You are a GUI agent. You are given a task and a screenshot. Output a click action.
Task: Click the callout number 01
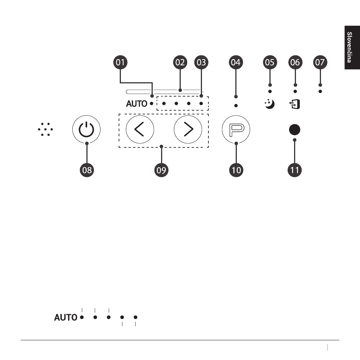point(120,62)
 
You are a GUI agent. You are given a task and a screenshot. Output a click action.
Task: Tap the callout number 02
point(180,62)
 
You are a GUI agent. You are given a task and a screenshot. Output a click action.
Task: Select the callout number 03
point(201,62)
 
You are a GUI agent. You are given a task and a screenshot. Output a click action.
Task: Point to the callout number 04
point(236,62)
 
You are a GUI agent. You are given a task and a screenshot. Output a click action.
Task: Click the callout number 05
point(270,62)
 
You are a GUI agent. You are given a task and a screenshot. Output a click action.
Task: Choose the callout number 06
point(295,62)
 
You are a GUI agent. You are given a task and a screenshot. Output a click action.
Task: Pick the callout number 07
point(320,62)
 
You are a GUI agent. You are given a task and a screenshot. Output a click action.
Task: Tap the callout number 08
point(87,170)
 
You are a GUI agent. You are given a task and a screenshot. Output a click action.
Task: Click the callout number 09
point(161,170)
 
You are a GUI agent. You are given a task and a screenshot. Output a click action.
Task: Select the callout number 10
point(236,170)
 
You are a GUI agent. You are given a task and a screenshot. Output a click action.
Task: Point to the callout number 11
point(294,170)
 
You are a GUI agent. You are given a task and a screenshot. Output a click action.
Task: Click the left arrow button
point(140,129)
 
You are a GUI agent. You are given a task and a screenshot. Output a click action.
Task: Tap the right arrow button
point(188,129)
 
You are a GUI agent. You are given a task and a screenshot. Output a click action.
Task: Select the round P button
point(236,129)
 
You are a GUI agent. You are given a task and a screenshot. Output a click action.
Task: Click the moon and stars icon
point(269,104)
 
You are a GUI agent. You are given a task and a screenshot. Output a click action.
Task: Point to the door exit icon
point(294,104)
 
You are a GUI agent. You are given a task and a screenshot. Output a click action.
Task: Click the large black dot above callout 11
point(294,130)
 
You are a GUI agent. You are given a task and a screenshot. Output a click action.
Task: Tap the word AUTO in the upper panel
point(136,104)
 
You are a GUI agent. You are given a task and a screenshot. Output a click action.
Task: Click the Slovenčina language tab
point(352,47)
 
